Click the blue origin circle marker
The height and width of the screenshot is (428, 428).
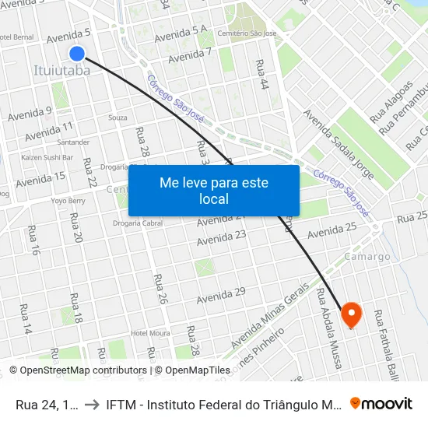(77, 53)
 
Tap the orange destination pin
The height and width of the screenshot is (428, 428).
(352, 314)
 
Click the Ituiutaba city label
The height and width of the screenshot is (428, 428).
(61, 71)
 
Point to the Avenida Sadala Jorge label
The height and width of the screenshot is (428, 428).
(339, 144)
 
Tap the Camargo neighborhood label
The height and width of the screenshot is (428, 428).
(367, 256)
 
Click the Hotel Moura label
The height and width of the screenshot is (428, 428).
(150, 334)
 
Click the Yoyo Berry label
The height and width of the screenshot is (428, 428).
(68, 200)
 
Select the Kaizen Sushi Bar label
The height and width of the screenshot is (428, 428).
(47, 157)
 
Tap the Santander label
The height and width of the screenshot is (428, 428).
(73, 142)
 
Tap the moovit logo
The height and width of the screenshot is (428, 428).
(381, 403)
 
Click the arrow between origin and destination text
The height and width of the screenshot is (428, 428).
(92, 403)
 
